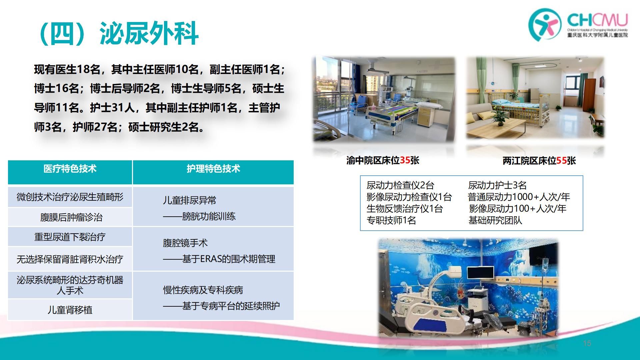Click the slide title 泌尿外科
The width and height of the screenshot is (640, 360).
[149, 33]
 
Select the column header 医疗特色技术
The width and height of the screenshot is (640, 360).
[70, 169]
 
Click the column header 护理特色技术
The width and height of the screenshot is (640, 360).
[213, 169]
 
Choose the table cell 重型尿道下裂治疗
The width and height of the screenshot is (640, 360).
[70, 237]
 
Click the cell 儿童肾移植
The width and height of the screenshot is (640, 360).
[70, 310]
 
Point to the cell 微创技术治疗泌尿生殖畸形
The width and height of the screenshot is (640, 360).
[70, 197]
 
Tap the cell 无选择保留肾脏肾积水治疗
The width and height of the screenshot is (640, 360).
[70, 259]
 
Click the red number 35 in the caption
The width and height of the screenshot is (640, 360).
[405, 160]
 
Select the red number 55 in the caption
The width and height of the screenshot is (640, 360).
[561, 161]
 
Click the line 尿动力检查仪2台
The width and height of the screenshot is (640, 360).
[400, 185]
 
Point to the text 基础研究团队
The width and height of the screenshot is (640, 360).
[495, 220]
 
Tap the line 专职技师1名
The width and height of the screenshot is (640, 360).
[391, 220]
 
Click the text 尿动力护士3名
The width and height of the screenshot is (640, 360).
[497, 185]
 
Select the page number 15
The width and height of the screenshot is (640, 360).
[587, 343]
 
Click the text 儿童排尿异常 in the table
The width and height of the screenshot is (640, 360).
[189, 200]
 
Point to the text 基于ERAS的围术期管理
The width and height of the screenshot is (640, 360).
[229, 259]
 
